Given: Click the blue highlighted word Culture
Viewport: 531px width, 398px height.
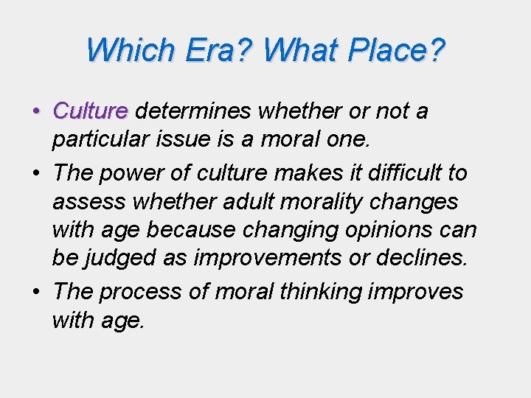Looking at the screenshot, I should [x=91, y=111].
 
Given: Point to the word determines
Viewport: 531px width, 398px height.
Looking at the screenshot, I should [x=193, y=111].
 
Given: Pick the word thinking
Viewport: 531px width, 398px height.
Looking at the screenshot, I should [x=321, y=292].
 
